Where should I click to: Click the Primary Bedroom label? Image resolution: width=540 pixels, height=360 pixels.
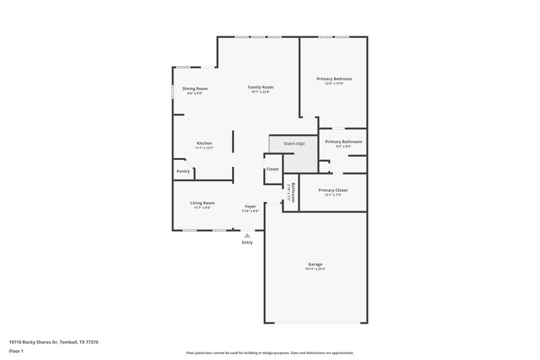tap(334, 79)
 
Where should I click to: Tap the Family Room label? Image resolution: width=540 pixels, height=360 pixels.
tap(261, 87)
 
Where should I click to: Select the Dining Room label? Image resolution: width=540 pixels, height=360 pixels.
tap(195, 89)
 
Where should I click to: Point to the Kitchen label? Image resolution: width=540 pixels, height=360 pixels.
tap(205, 143)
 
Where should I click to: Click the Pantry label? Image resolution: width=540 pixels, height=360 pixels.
tap(183, 171)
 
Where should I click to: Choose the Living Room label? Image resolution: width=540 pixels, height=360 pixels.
tap(202, 203)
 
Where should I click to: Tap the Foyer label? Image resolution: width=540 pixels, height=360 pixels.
tap(250, 207)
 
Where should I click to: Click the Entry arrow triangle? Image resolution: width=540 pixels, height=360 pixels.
tap(247, 235)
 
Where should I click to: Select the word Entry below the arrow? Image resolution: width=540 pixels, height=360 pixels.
tap(247, 242)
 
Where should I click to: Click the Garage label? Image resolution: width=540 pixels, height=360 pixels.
tap(315, 264)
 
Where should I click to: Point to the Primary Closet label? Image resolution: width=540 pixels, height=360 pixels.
tap(333, 190)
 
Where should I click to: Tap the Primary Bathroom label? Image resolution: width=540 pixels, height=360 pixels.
tap(344, 142)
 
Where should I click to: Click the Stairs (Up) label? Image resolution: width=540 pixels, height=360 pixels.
tap(293, 144)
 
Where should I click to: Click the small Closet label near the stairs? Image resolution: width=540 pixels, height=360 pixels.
tap(272, 169)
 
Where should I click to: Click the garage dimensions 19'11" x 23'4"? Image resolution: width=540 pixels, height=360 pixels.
tap(315, 269)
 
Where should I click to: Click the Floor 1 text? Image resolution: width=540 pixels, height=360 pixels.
tap(16, 351)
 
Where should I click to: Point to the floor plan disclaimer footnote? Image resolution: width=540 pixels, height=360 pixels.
tap(269, 353)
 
